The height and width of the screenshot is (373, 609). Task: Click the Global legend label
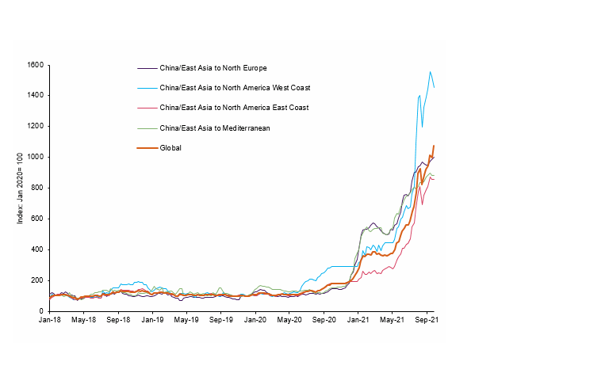click(170, 147)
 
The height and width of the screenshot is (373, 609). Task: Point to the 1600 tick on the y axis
click(35, 65)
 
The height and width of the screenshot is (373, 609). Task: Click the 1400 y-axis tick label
click(35, 96)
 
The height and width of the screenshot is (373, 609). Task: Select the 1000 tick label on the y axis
click(35, 158)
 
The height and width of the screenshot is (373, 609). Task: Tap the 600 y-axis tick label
click(37, 219)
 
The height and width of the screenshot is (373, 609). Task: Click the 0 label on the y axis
click(41, 311)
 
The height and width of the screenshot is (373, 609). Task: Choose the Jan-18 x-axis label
click(49, 321)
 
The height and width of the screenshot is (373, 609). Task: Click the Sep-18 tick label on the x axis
click(118, 321)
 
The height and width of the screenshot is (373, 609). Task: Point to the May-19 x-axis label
click(186, 321)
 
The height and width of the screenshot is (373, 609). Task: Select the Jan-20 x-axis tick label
click(255, 321)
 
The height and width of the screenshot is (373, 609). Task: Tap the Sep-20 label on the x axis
click(324, 321)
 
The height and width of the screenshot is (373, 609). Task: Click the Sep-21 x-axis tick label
click(427, 321)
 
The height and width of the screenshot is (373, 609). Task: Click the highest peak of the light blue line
click(430, 72)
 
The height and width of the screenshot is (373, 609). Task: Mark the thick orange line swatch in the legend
click(147, 147)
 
